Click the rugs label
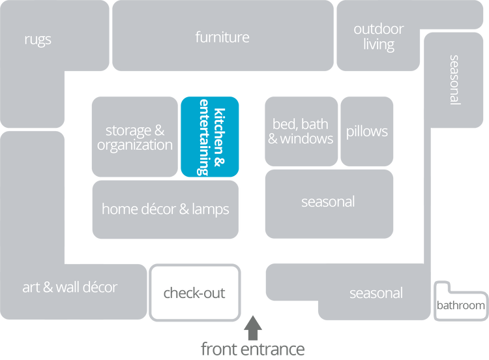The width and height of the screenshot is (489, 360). pos(38,40)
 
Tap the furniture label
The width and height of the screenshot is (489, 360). pos(222,37)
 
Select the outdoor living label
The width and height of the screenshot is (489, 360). pos(379,37)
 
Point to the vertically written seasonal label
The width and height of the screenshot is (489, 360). pos(454,80)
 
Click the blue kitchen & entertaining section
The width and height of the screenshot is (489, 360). pos(210,136)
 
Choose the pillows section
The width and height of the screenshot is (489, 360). pos(367,132)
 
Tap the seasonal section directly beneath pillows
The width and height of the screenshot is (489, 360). pos(328,202)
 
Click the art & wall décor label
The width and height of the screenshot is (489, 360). pos(70,287)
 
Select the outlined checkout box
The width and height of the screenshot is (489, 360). pos(194,292)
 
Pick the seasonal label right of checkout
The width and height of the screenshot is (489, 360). pos(376,293)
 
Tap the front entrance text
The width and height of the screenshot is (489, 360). pos(252,349)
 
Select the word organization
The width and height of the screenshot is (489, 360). pos(135,145)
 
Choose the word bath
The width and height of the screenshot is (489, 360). pos(315,124)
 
